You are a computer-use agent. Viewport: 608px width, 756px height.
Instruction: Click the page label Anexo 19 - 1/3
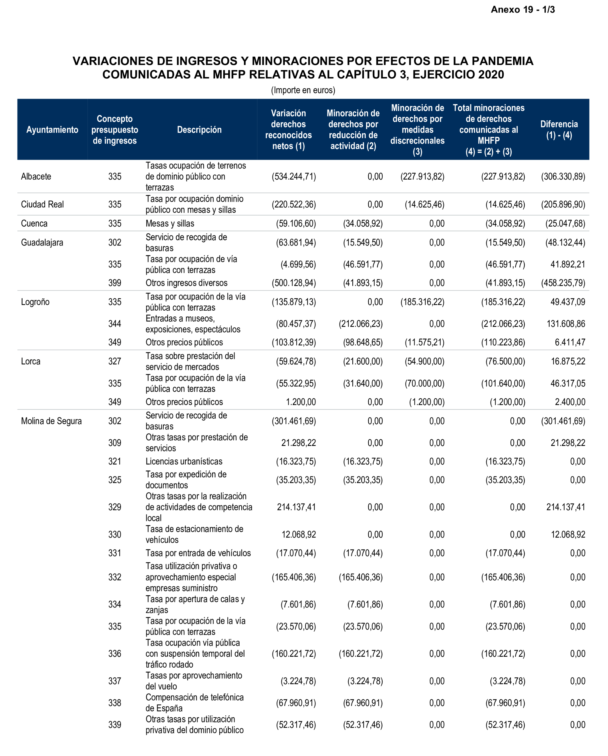point(522,9)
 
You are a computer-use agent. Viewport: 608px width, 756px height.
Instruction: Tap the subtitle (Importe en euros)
point(303,90)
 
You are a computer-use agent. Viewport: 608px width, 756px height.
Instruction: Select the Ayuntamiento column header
point(52,130)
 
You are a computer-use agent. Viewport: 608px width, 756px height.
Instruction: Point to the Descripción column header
point(199,130)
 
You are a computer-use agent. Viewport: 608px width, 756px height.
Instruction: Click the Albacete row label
point(36,176)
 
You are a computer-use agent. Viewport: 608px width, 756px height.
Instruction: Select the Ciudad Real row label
point(42,205)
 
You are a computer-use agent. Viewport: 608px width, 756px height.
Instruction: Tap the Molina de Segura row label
point(51,421)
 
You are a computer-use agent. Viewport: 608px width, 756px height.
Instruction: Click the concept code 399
point(115,283)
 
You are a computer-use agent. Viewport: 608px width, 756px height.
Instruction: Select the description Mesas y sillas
point(170,223)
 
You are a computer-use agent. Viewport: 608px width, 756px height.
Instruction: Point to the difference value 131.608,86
point(566,324)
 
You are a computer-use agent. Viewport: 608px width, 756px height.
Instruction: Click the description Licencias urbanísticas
point(184,461)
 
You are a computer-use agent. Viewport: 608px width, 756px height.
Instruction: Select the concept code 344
point(115,324)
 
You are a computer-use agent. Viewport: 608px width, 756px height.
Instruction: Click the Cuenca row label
point(34,223)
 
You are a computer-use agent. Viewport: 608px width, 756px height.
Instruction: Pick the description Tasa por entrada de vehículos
point(198,553)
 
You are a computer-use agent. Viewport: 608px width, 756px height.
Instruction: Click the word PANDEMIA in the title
point(502,61)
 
